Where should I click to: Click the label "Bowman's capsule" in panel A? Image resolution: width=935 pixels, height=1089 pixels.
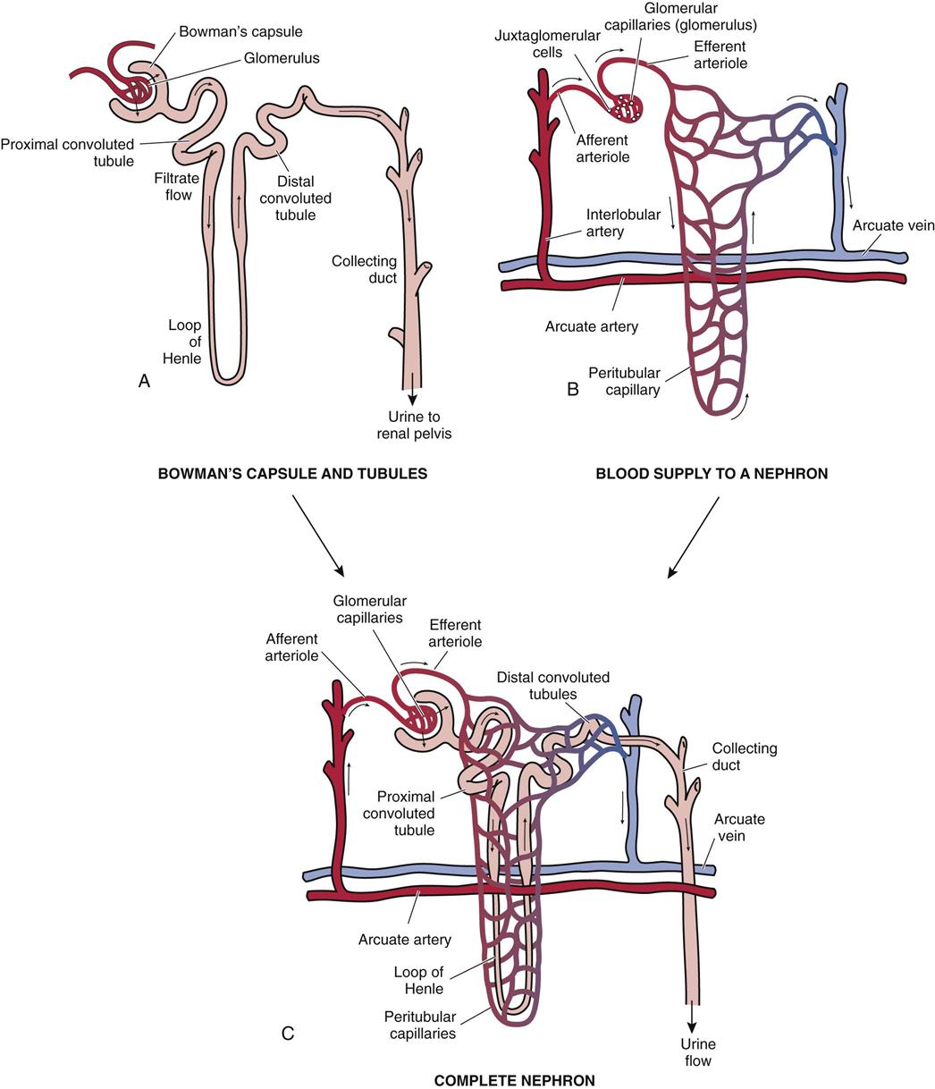click(240, 32)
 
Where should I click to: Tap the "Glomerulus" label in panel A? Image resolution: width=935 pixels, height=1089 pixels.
click(280, 59)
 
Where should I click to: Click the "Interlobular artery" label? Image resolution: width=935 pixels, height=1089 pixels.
click(623, 224)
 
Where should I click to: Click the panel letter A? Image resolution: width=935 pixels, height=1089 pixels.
click(144, 382)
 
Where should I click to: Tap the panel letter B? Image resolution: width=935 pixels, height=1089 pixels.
click(573, 389)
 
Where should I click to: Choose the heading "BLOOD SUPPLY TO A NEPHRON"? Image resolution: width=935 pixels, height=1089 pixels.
click(712, 474)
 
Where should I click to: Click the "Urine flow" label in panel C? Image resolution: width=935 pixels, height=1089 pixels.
click(698, 1052)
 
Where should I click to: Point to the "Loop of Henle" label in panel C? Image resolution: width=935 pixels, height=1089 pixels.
click(418, 980)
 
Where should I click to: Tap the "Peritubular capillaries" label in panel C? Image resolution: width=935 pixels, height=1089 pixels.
click(420, 1025)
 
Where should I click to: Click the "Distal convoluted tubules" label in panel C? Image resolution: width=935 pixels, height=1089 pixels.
click(552, 686)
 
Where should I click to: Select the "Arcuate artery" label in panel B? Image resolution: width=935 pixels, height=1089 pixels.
click(592, 326)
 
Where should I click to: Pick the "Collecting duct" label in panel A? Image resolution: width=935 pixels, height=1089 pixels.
click(364, 269)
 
